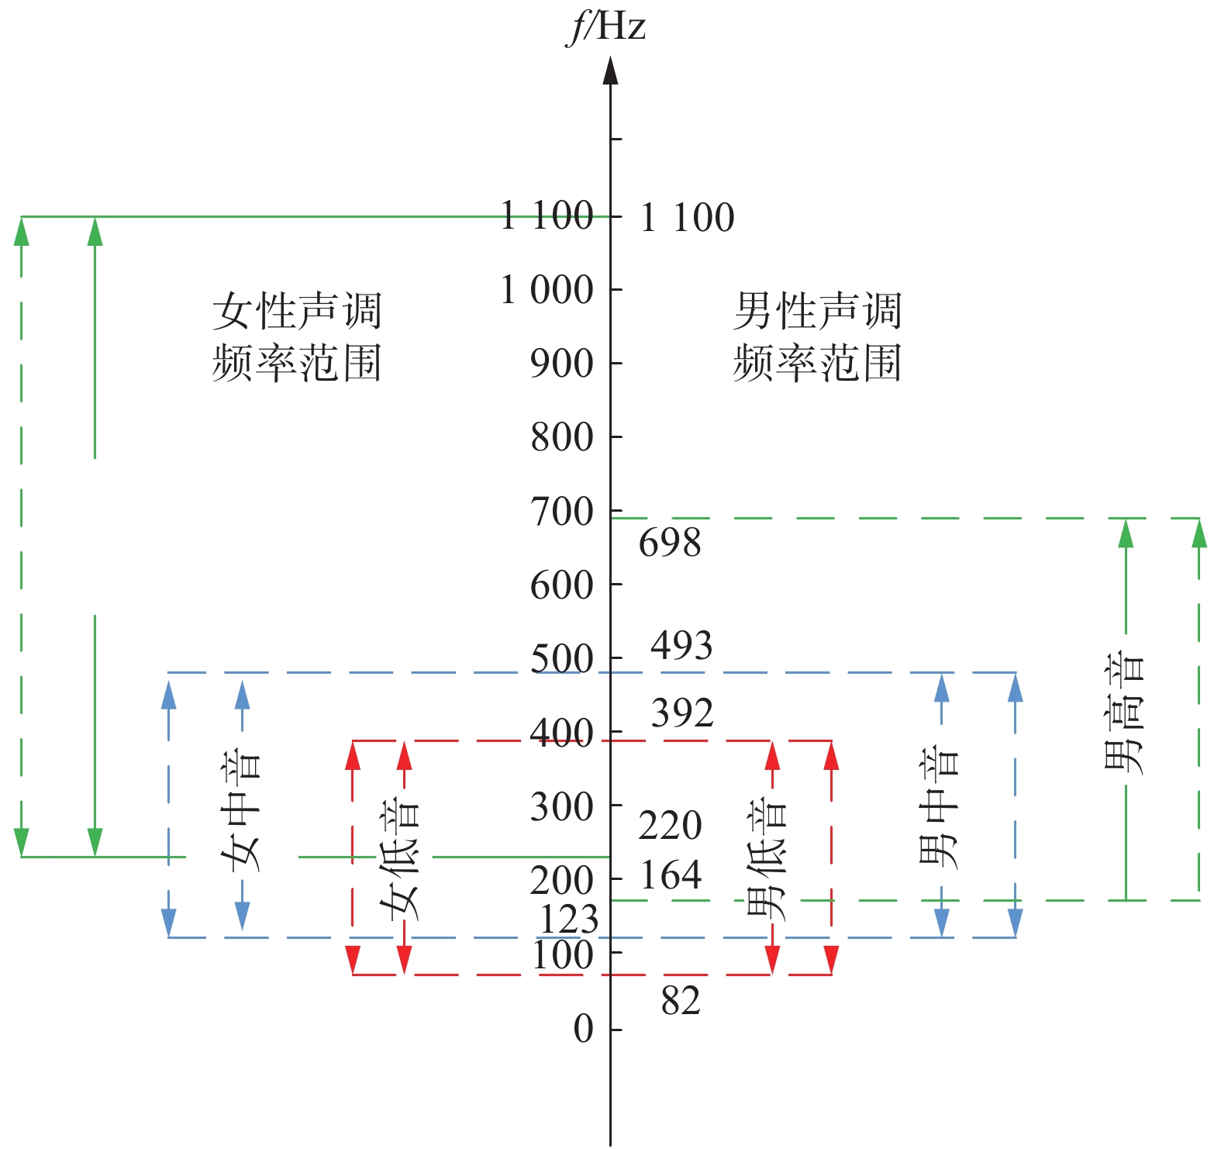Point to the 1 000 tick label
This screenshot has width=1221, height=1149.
coord(547,291)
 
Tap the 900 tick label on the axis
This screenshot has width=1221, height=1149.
coord(562,364)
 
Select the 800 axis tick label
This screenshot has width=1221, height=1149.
coord(562,437)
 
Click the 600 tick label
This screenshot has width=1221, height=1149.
coord(562,585)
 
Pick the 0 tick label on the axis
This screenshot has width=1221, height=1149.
coord(584,1030)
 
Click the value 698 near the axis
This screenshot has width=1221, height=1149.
coord(670,543)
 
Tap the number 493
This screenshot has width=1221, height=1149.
coord(681,645)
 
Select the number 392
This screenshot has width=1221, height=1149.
coord(682,713)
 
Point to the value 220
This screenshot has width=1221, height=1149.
coord(671,825)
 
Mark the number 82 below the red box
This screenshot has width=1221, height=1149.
coord(681,1001)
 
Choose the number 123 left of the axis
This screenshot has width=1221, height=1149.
coord(569,920)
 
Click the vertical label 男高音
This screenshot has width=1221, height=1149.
coord(1123,713)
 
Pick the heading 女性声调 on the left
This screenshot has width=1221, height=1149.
coord(297,312)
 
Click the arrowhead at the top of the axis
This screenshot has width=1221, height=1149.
coord(611,70)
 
